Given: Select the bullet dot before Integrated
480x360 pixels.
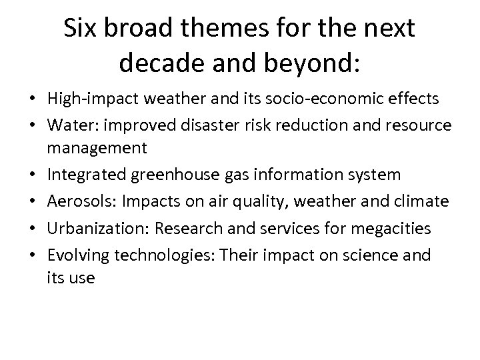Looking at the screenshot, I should tap(31, 175).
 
